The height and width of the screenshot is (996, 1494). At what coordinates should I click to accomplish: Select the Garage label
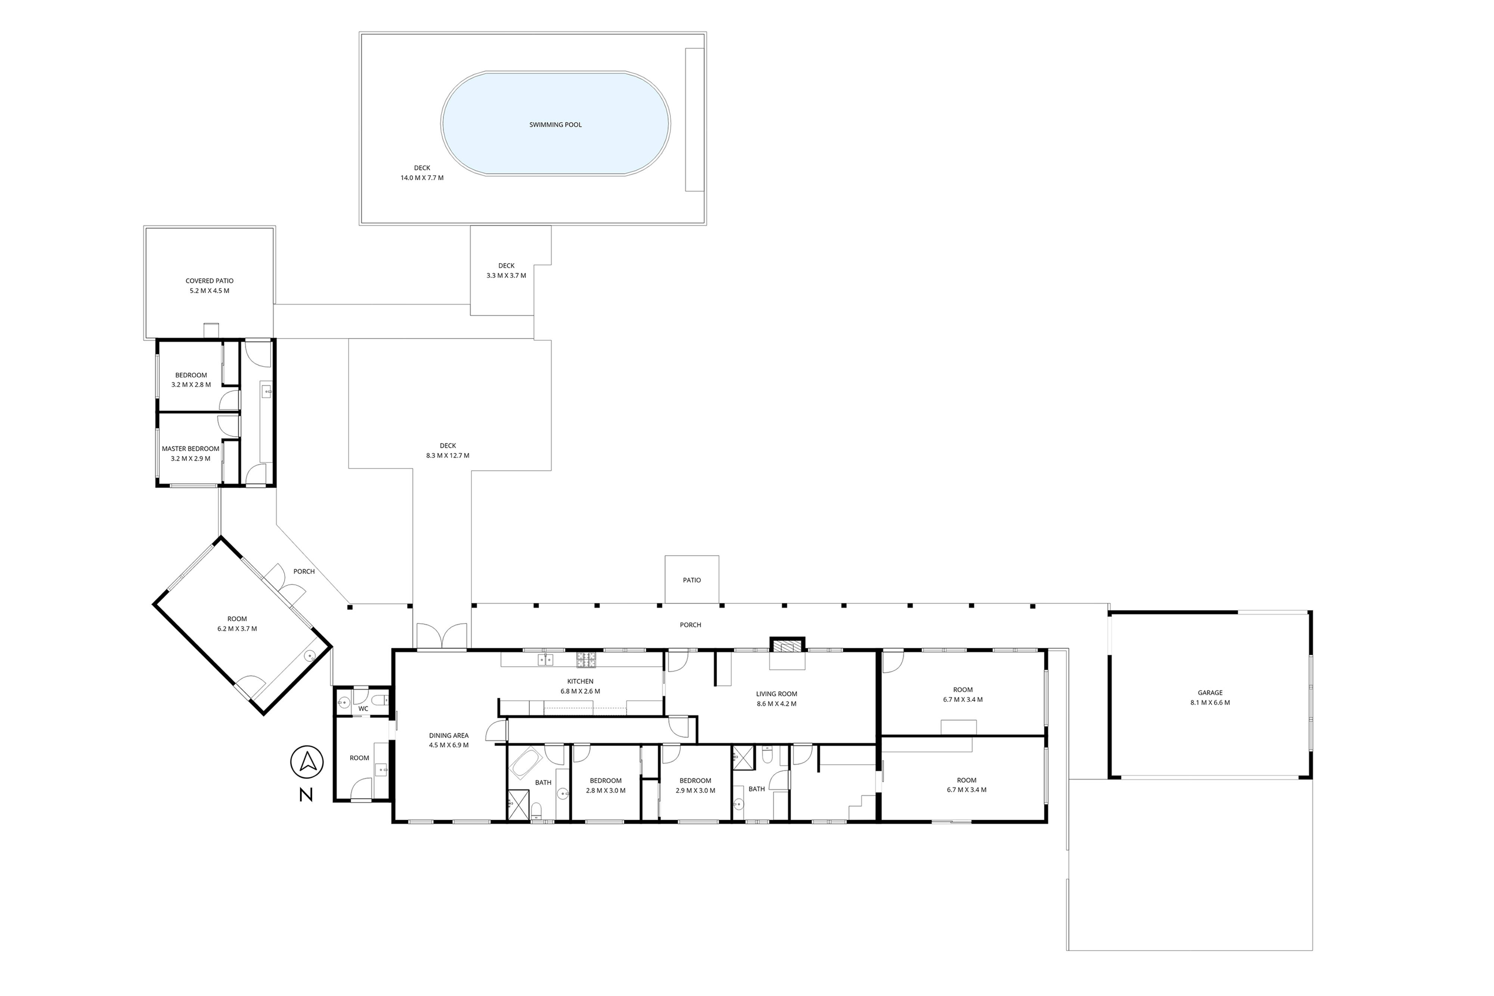[x=1210, y=693]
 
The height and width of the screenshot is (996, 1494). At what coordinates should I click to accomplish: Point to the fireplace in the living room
[x=787, y=645]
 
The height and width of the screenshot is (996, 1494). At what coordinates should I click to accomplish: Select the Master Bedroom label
[x=190, y=449]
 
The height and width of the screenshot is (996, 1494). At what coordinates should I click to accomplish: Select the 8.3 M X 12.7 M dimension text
[x=448, y=456]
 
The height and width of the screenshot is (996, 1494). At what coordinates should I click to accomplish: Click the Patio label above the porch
[x=692, y=580]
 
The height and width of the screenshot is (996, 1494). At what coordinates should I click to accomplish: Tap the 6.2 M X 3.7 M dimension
[x=237, y=629]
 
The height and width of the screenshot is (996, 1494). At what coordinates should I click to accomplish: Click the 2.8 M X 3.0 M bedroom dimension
[x=605, y=791]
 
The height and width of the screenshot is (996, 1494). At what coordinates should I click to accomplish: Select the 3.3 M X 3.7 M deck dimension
[x=506, y=276]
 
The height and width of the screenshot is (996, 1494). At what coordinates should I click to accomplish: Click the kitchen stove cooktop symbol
[x=586, y=660]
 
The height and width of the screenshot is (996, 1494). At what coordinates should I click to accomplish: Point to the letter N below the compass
[x=306, y=795]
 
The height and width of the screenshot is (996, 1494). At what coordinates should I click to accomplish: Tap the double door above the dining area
[x=442, y=636]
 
